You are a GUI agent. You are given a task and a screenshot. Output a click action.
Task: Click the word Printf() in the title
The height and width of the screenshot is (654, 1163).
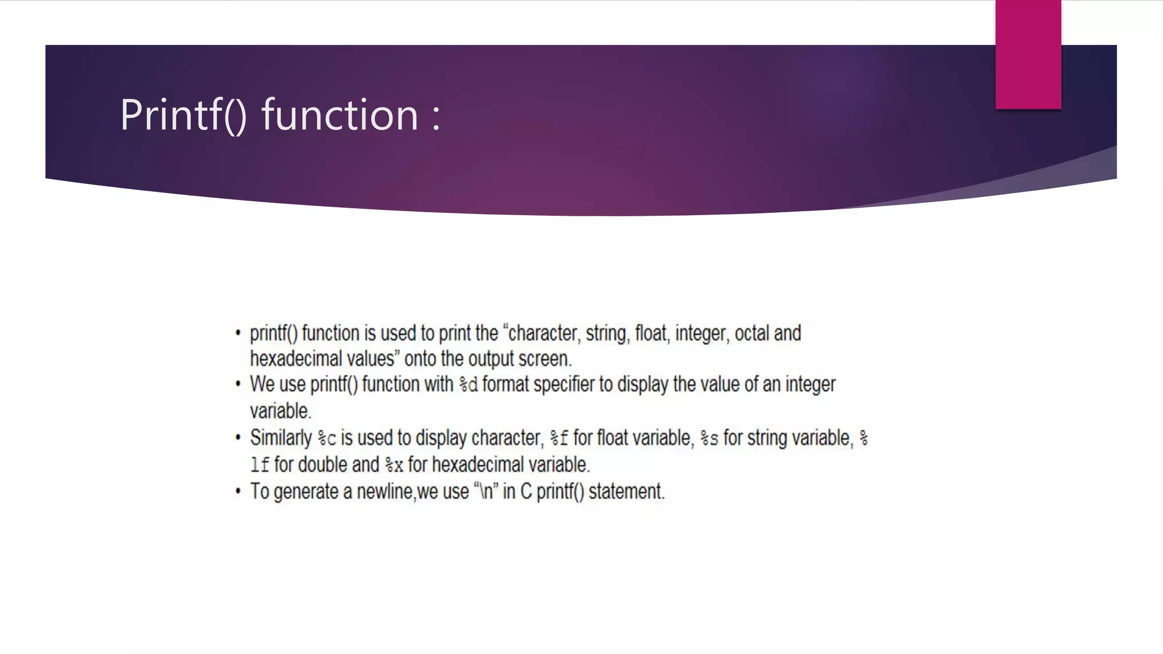(183, 115)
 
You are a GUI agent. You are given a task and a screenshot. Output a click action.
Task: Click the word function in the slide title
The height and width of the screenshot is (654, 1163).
(340, 115)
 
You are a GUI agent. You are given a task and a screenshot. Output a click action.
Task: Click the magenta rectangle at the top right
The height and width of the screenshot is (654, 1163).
(1028, 54)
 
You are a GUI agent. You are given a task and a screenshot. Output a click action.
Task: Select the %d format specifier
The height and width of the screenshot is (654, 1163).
(468, 385)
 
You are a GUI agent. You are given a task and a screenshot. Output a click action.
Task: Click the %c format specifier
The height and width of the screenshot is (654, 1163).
(327, 439)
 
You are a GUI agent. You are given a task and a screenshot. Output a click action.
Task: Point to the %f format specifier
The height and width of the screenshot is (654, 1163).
(559, 439)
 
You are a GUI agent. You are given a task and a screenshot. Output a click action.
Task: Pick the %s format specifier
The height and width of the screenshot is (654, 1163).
(709, 439)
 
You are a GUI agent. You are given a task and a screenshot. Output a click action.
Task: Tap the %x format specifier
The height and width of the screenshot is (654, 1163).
(394, 466)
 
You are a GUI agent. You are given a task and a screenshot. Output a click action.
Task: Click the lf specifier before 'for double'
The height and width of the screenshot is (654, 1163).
(260, 466)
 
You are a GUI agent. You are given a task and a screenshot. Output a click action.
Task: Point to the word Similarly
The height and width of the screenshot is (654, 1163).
(281, 438)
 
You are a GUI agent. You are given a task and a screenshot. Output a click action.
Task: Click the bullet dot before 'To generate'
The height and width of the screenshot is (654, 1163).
(238, 491)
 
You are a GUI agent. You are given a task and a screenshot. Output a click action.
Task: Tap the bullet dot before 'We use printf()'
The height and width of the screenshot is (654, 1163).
(238, 384)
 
